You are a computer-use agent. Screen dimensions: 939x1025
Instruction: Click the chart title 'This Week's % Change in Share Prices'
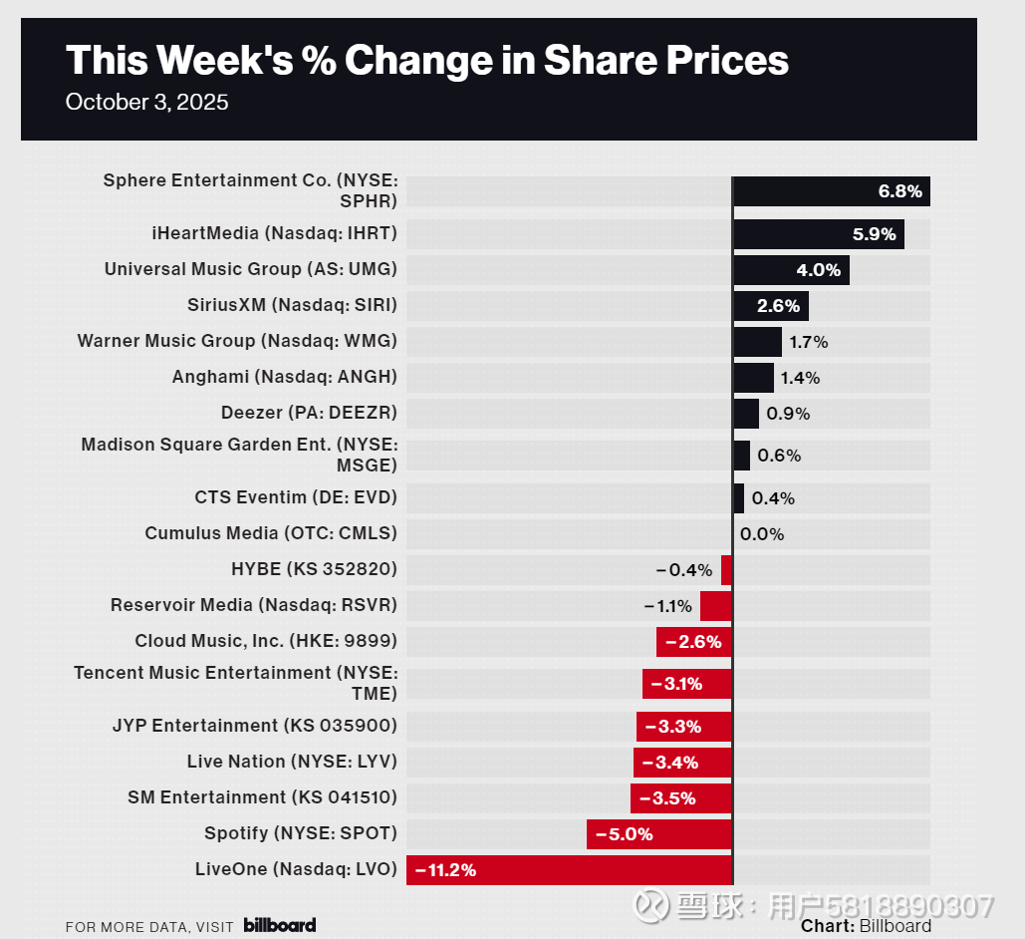[426, 61]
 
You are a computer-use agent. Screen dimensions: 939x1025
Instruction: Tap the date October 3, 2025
[146, 103]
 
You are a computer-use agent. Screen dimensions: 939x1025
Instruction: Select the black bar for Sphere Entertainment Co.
[831, 191]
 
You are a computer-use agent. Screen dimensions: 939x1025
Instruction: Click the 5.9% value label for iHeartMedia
[875, 235]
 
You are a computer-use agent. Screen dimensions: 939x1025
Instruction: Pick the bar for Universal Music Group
[791, 270]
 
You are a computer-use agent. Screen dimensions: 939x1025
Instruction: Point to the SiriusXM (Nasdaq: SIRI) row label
[292, 305]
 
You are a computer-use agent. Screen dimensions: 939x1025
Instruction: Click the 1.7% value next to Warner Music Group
[808, 342]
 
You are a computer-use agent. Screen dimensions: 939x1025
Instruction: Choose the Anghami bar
[753, 378]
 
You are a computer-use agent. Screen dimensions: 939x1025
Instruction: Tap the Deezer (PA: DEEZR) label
[309, 413]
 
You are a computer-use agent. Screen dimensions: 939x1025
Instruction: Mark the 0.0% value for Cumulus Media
[762, 534]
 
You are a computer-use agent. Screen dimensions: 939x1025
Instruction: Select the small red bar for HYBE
[726, 570]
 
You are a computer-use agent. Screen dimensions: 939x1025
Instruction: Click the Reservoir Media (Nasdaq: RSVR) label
[254, 605]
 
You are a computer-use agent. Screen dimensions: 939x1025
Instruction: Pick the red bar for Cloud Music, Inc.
[693, 642]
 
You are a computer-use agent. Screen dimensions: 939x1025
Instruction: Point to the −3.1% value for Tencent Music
[677, 684]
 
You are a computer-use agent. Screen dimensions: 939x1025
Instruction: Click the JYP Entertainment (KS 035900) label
[255, 726]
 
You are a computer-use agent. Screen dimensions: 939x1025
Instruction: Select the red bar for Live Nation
[682, 763]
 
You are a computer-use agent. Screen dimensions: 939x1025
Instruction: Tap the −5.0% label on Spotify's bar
[625, 834]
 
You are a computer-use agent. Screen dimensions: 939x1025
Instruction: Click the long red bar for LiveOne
[569, 870]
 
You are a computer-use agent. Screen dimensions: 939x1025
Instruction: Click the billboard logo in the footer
[280, 925]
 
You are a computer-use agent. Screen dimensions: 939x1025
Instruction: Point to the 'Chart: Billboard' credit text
[866, 926]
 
